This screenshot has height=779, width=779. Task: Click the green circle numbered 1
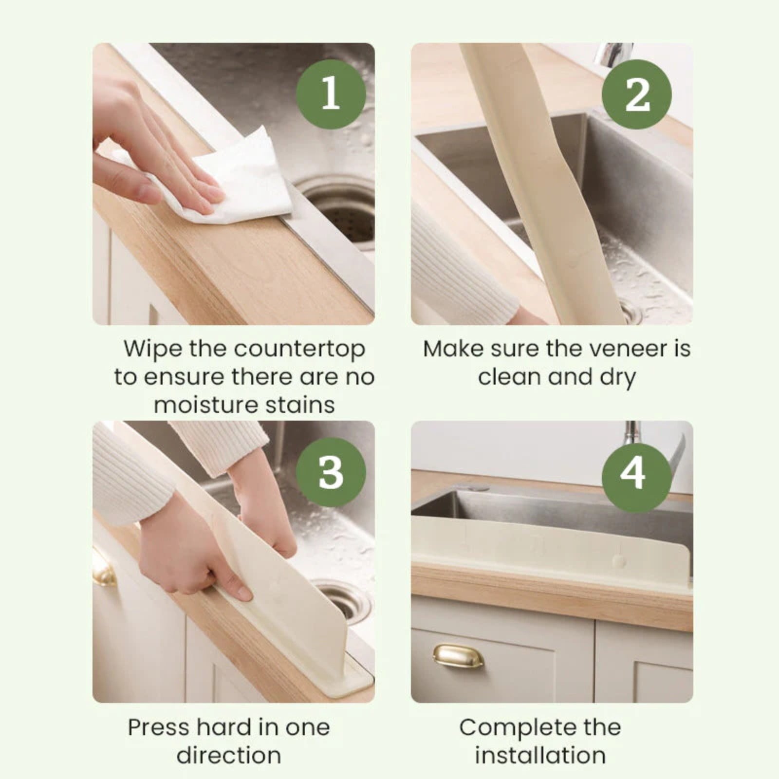coord(331,94)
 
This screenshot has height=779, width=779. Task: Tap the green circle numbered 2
coord(636,94)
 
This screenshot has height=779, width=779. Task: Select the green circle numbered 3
coord(331,472)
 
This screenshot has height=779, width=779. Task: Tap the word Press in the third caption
coord(158,728)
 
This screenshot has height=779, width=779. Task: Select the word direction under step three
coord(229,756)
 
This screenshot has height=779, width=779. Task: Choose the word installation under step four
coord(540,756)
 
